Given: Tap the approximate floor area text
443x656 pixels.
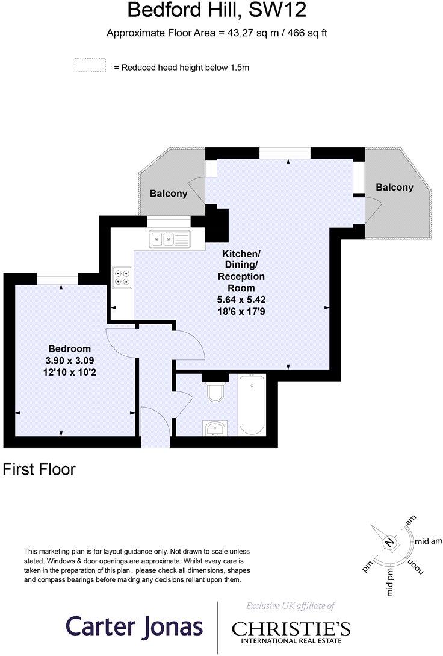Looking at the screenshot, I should [217, 33].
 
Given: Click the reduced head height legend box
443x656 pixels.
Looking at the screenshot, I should [90, 66].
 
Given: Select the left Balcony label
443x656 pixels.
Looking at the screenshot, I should [168, 194].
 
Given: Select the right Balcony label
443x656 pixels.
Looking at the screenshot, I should [394, 188].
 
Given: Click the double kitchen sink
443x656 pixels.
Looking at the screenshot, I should [170, 239].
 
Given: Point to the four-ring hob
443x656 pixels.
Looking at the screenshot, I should [122, 276].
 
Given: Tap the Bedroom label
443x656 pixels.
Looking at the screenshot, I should [70, 348].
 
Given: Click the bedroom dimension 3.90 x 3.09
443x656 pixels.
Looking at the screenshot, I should [70, 361].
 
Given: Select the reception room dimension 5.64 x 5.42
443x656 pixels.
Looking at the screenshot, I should [241, 300].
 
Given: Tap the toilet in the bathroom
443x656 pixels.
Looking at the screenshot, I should [215, 391].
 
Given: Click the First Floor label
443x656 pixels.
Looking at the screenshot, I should [39, 469].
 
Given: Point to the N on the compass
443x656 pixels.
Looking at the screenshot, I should [389, 542].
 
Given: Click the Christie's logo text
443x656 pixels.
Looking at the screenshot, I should [291, 628].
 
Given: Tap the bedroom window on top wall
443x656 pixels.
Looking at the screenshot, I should [58, 278].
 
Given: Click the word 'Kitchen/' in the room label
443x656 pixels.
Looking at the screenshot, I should [241, 253].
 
